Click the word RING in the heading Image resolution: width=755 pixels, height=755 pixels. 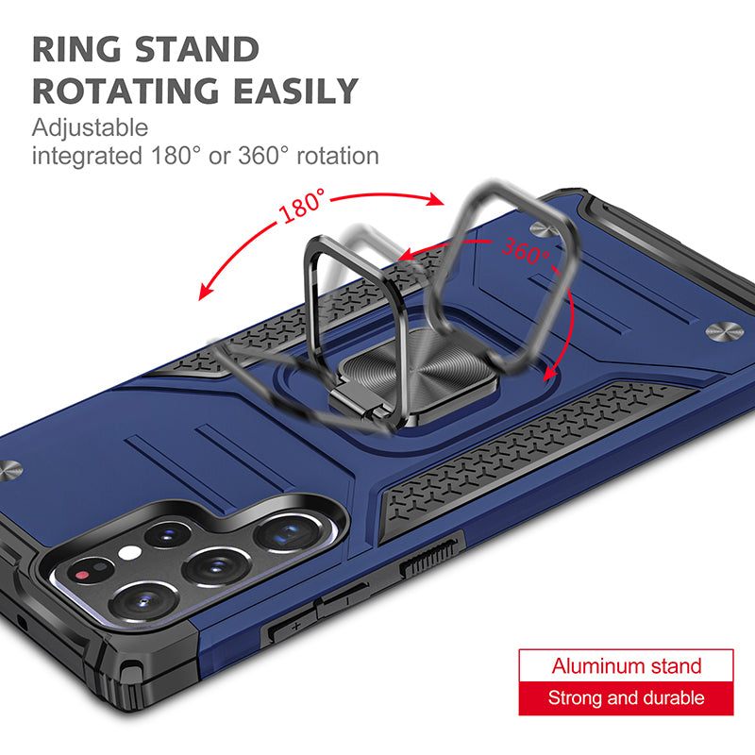tap(76, 50)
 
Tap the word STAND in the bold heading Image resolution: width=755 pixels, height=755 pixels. tap(197, 50)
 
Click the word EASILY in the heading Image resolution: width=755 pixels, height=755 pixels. tap(296, 91)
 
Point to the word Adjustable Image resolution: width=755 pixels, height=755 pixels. tap(90, 128)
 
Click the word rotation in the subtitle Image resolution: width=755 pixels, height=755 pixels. tap(338, 156)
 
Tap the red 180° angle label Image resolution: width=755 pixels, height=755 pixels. tap(302, 206)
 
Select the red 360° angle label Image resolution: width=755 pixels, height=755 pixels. tap(526, 250)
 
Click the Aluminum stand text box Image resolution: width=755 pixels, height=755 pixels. tap(626, 665)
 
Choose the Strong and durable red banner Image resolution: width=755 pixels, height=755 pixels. tap(626, 698)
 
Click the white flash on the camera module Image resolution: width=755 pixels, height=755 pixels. tap(129, 553)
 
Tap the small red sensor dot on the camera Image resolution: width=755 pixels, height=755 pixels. tap(83, 575)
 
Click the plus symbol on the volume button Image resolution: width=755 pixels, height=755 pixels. tap(295, 626)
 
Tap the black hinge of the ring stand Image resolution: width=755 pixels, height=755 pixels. tap(354, 397)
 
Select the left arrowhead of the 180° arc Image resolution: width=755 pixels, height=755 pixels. tap(206, 292)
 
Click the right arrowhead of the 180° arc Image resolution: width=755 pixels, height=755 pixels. tap(436, 199)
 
